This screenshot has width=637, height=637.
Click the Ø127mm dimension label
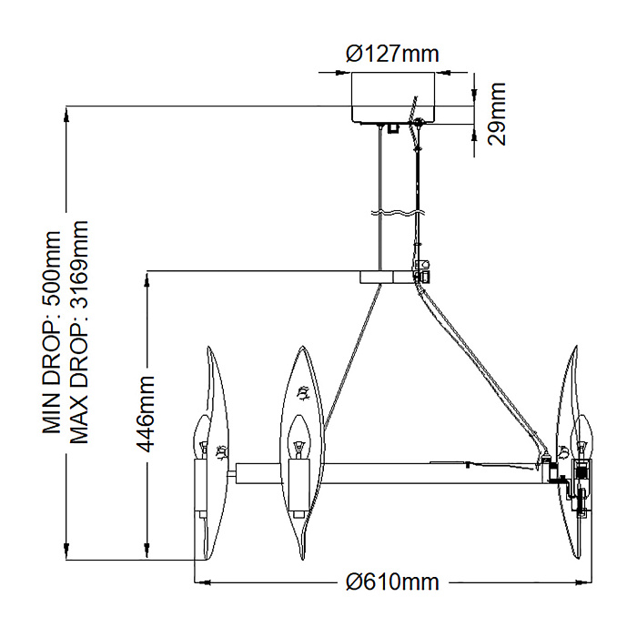click(x=392, y=54)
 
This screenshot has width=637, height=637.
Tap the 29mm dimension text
click(x=497, y=114)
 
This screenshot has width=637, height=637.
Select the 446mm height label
click(x=146, y=414)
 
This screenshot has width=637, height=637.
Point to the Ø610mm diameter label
click(x=392, y=582)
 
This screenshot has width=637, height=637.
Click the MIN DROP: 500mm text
click(x=52, y=333)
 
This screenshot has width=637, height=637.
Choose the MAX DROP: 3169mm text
click(x=79, y=332)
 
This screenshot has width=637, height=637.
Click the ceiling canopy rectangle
click(x=392, y=97)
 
